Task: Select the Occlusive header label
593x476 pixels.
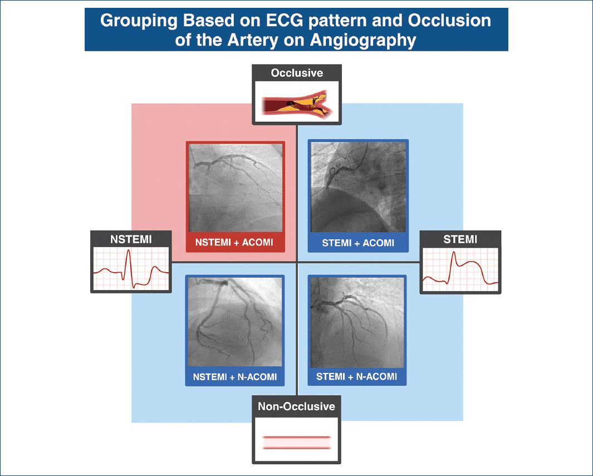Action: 296,73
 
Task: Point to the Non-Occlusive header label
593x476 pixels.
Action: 296,406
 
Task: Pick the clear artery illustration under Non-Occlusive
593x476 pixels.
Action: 296,442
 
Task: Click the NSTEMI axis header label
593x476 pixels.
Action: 131,239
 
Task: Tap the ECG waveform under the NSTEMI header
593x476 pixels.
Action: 131,269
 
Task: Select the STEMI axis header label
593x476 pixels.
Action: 460,240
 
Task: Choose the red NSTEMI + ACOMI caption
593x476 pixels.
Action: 235,243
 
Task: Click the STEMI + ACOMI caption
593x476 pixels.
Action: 358,243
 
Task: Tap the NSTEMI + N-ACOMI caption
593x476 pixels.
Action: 235,377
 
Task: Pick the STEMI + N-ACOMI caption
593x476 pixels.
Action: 357,376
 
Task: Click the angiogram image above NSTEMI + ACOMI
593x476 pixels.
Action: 235,188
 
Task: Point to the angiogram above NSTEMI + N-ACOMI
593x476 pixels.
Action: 235,322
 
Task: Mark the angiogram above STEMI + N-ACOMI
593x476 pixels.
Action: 357,322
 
